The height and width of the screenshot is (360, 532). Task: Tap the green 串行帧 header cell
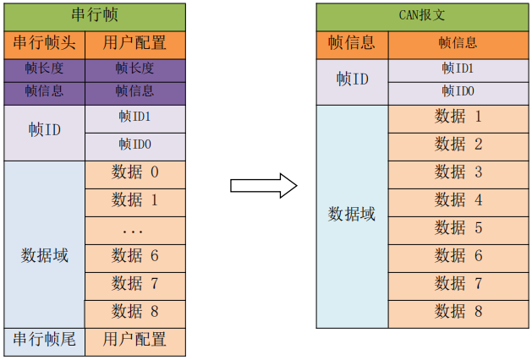tap(95, 16)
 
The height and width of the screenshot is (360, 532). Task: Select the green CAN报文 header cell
tap(421, 16)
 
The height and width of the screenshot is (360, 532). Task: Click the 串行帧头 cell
tap(45, 43)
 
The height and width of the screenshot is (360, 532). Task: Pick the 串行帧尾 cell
tap(45, 340)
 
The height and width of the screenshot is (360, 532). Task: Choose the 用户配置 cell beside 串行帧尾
tap(135, 340)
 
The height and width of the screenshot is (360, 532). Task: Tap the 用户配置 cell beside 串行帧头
tap(135, 43)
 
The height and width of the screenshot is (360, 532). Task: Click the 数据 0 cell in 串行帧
tap(135, 173)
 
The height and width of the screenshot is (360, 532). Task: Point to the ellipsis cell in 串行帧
tap(135, 229)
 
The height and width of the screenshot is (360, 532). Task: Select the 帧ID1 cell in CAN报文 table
tap(458, 68)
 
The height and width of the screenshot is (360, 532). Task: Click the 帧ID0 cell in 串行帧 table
tap(135, 145)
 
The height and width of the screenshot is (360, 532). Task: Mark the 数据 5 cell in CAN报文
tap(458, 228)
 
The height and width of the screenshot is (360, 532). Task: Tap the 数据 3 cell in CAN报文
tap(458, 172)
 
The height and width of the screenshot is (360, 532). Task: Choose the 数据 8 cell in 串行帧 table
tap(135, 312)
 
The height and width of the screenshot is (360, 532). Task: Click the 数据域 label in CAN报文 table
tap(352, 215)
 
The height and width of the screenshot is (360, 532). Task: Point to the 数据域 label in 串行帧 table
tap(45, 255)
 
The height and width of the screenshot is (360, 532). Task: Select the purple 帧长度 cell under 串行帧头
tap(45, 68)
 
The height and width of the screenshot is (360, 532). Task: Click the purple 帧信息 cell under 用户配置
tap(135, 90)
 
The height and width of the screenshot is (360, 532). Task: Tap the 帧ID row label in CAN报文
tap(352, 79)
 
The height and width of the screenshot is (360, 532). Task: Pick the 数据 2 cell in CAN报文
tap(458, 145)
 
